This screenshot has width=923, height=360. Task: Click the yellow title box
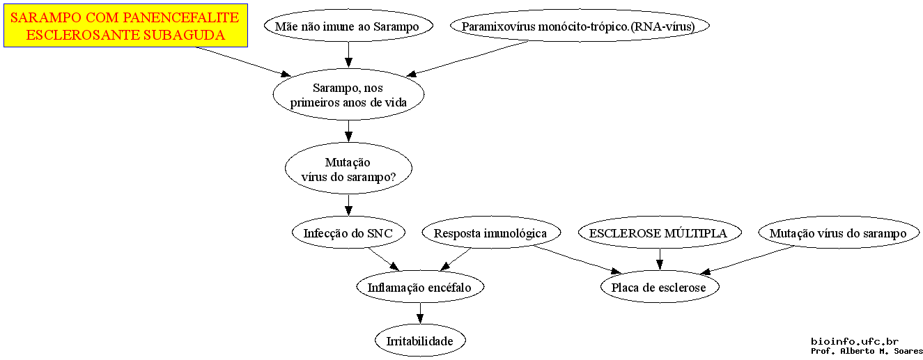125,26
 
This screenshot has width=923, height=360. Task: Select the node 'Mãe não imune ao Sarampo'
348,26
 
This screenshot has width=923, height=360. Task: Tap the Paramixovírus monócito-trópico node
580,26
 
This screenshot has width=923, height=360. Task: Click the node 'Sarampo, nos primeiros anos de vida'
348,94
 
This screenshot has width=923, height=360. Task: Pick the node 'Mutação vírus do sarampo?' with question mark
348,169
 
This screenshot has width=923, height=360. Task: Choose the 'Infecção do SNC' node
348,233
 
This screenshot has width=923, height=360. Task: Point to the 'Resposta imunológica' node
490,233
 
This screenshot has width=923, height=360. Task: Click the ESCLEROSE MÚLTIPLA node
660,233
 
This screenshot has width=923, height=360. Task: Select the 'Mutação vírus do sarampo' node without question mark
839,233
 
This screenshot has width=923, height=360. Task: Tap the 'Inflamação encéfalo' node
420,287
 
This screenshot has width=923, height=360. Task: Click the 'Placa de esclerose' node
660,287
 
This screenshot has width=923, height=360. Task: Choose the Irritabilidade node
420,341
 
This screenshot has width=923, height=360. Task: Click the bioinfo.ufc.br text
855,341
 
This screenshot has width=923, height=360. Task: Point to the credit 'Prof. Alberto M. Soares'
867,351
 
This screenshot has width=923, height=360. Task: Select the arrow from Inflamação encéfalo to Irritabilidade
420,313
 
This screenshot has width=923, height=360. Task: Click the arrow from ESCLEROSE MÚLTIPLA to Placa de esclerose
660,259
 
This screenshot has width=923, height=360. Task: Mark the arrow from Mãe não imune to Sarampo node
348,55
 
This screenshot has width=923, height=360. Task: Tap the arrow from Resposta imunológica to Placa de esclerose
577,260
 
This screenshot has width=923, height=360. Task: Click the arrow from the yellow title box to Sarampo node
244,62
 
